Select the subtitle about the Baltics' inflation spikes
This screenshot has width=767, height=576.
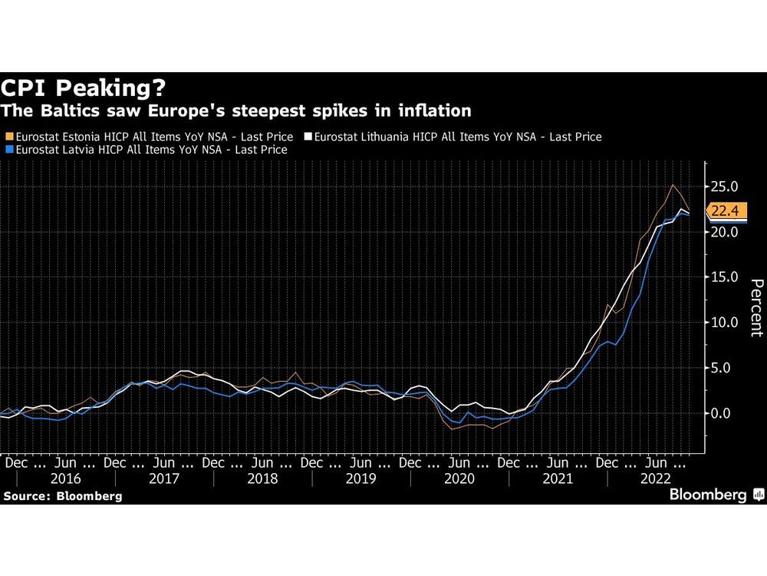point(236,111)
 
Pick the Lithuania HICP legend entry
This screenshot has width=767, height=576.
point(456,137)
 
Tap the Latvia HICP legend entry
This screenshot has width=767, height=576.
point(146,150)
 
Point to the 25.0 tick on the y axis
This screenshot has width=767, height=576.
point(724,187)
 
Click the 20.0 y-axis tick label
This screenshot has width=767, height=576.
point(724,232)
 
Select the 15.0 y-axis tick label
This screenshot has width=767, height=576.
point(724,277)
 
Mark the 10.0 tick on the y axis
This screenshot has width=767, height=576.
point(724,323)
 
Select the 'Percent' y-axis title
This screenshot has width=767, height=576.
point(756,307)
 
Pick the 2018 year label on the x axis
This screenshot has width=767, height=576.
point(262,478)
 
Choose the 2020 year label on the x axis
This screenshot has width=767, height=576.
point(459,478)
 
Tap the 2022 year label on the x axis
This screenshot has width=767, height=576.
point(657,478)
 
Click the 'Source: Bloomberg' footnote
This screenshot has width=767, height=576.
point(63,496)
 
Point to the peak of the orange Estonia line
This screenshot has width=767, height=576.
point(673,185)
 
